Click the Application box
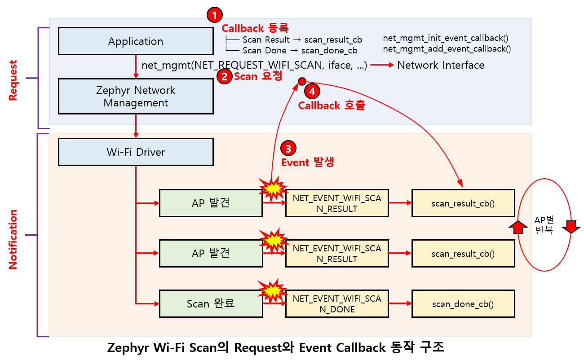(136, 41)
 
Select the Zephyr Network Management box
(136, 97)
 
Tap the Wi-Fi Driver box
(136, 152)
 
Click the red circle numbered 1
(215, 15)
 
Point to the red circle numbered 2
(224, 77)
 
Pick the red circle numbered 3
(288, 149)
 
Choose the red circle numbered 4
(312, 91)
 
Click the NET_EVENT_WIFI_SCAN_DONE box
(337, 304)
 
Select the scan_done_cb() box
(463, 304)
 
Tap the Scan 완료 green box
(211, 304)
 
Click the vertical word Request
(13, 80)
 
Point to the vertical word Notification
(13, 239)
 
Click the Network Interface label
(441, 65)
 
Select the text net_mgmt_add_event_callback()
(447, 49)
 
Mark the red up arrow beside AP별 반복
(518, 227)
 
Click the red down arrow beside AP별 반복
(571, 227)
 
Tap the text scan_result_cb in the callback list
(333, 40)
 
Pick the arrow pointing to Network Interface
(382, 65)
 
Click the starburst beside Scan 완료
(272, 291)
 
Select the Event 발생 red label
(308, 162)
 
